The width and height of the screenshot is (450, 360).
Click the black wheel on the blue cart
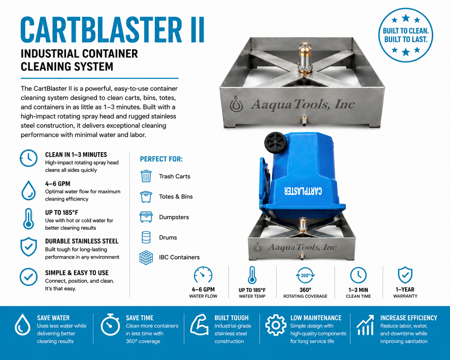(x=276, y=143)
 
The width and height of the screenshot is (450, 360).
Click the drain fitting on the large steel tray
(x=304, y=122)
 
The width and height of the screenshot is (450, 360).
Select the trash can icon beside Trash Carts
(x=146, y=176)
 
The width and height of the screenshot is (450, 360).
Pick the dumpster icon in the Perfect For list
(x=146, y=217)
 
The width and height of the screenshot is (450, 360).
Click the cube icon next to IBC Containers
(x=146, y=258)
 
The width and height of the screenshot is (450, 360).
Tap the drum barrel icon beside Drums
(x=146, y=237)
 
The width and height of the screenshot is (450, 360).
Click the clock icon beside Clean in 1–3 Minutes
(x=29, y=158)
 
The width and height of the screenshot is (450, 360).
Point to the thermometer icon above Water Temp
(x=252, y=275)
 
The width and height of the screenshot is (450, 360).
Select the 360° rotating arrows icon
(x=305, y=275)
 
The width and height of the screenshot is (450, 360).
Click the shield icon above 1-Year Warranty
(x=405, y=275)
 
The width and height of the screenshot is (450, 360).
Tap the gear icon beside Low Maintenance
(x=276, y=325)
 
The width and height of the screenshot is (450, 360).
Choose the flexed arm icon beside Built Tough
(x=199, y=325)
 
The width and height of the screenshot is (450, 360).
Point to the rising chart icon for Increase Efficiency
(x=365, y=325)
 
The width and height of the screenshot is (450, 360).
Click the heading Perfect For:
(x=161, y=159)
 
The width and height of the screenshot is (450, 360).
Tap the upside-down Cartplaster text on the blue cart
(x=303, y=191)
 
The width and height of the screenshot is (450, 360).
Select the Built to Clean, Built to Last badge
(x=406, y=35)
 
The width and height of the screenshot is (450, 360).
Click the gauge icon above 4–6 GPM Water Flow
(x=203, y=275)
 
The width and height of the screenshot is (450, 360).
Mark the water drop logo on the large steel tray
(x=236, y=104)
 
